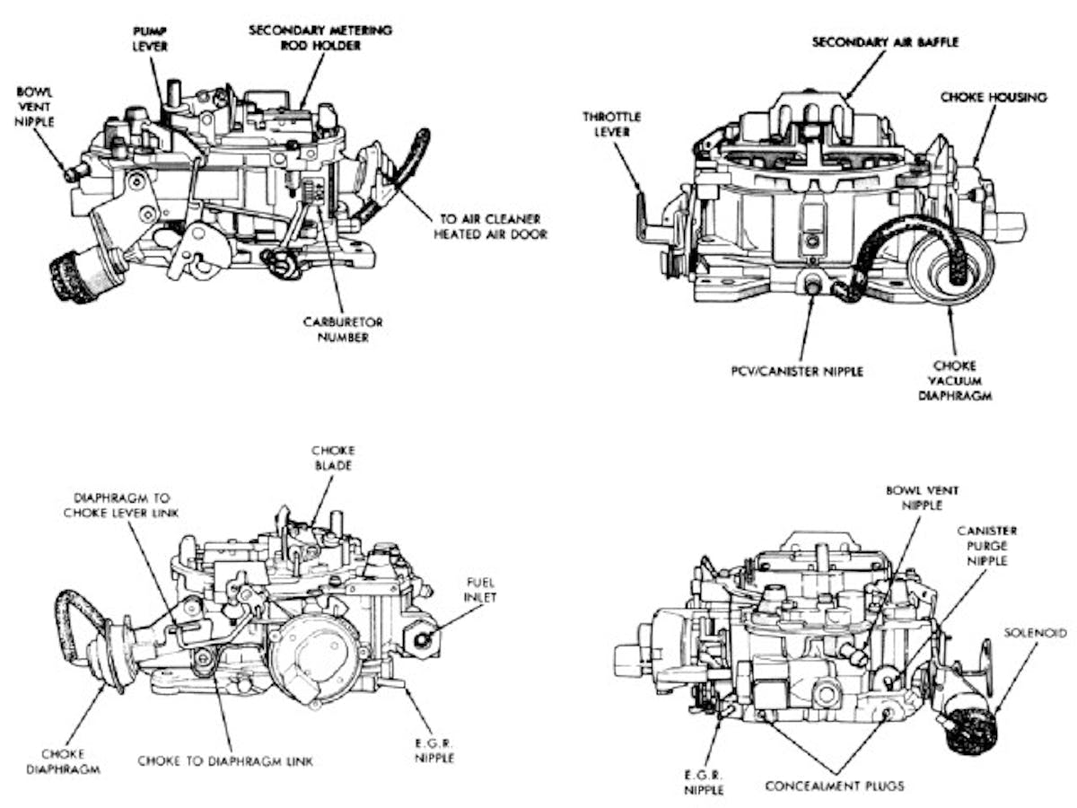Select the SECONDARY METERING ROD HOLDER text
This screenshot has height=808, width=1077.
320,37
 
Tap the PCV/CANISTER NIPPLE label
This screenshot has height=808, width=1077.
797,370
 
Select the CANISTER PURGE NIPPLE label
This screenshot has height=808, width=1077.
985,546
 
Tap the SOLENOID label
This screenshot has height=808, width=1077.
1036,633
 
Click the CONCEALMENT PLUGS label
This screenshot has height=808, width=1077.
835,786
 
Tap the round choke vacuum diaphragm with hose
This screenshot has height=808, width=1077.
950,266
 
